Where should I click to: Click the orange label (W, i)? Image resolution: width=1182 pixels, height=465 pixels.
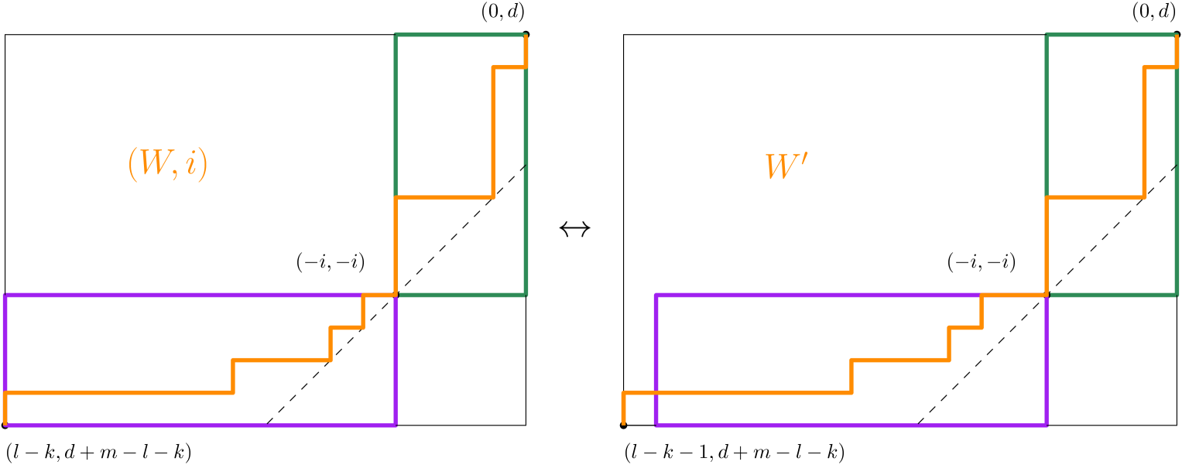coord(168,166)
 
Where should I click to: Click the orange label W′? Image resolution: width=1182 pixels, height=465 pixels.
coord(786,167)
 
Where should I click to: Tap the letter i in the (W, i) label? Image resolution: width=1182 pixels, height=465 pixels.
coord(189,165)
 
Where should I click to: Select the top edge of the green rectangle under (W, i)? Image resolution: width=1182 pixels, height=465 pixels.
coord(461,35)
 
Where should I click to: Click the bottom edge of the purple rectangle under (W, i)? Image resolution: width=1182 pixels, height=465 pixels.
coord(200,424)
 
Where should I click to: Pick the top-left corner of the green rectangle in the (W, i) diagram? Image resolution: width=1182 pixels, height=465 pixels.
coord(396,35)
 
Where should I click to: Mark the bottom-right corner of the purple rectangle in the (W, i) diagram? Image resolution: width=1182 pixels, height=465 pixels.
coord(396,424)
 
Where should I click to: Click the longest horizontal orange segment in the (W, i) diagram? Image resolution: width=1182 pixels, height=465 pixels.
coord(120,393)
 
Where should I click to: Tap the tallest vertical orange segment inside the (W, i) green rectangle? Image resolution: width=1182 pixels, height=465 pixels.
coord(493,132)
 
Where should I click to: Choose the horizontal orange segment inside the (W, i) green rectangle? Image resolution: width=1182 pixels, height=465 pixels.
coord(444,198)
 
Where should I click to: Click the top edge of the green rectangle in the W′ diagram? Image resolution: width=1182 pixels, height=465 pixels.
coord(1112,35)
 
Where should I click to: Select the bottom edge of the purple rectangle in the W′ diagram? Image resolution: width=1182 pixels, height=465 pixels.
coord(851,424)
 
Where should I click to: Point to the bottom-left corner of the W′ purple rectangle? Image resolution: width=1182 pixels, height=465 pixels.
coord(656,424)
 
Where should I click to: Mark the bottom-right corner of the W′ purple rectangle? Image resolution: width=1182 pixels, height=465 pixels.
coord(1047,424)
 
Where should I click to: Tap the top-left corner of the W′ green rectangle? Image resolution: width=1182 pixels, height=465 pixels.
coord(1047,35)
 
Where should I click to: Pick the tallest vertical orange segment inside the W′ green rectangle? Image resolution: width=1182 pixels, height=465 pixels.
coord(1144,132)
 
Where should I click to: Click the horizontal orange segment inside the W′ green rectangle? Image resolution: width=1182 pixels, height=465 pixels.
coord(1095,198)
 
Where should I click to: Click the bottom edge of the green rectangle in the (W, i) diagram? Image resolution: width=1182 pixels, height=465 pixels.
coord(461,295)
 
